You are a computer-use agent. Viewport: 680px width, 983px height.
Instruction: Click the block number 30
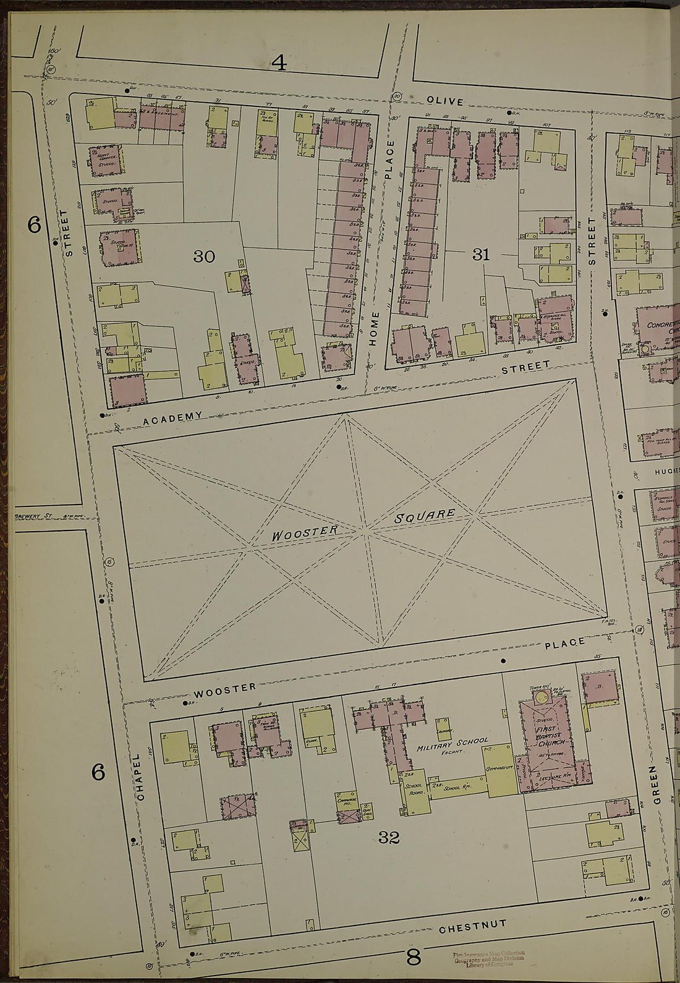click(204, 256)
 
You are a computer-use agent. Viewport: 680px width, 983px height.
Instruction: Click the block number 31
click(481, 254)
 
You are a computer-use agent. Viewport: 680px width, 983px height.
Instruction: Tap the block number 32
click(389, 838)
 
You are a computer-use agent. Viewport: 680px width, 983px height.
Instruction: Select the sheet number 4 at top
click(279, 62)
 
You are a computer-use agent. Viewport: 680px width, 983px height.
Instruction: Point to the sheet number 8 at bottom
click(413, 958)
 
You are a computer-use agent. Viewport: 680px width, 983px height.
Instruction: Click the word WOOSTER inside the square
click(305, 533)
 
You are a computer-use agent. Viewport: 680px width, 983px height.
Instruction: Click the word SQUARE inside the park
click(425, 516)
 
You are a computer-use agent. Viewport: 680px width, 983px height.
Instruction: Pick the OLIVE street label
click(444, 101)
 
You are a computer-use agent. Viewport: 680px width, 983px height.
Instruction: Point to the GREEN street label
click(656, 785)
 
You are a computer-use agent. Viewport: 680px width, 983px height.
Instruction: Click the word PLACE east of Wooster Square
click(564, 644)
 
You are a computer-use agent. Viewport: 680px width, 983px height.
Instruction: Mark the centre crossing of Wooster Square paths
click(365, 529)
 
